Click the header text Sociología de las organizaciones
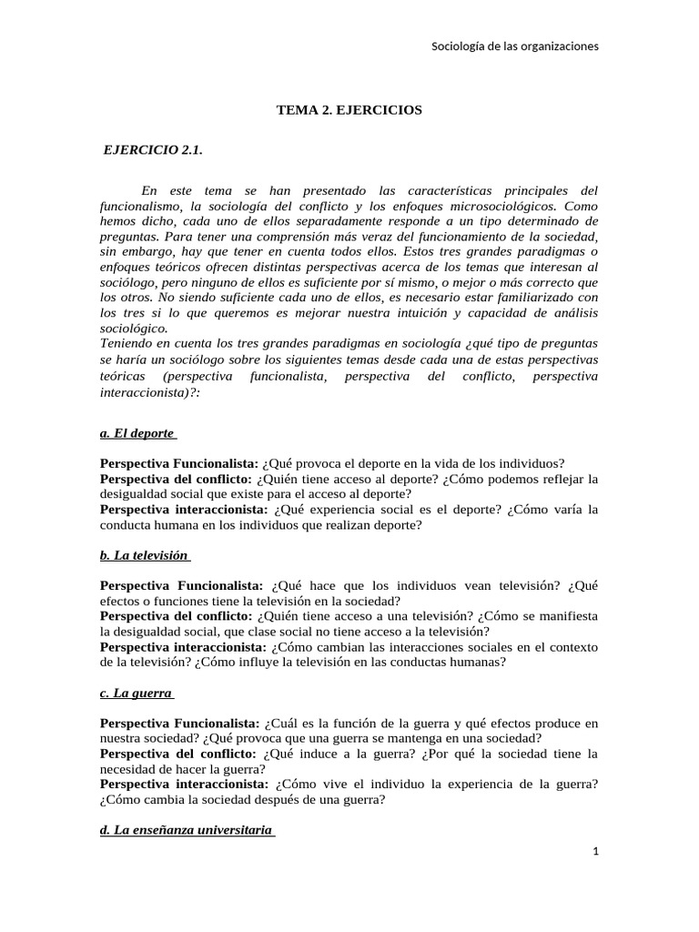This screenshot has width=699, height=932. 514,46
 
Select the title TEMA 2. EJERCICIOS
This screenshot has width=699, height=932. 349,110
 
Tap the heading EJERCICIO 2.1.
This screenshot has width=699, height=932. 153,151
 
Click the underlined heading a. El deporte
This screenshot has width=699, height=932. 138,434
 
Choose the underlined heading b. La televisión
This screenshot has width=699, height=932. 145,555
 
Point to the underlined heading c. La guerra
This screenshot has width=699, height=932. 137,693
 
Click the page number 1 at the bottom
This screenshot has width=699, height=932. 594,851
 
